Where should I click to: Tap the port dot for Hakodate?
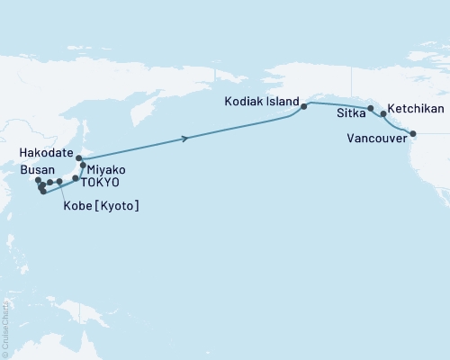[79, 158]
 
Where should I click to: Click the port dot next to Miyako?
[84, 166]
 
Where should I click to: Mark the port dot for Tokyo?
[76, 178]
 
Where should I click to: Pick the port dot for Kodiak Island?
[304, 106]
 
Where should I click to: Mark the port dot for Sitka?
[371, 109]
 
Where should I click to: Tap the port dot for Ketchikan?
[384, 114]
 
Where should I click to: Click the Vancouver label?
[374, 138]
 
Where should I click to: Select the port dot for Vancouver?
[413, 134]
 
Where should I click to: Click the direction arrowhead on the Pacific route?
[185, 138]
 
